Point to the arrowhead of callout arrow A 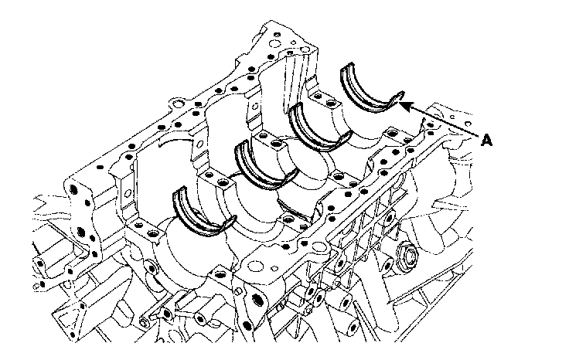coord(402,103)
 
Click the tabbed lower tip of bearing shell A coord(399,96)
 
